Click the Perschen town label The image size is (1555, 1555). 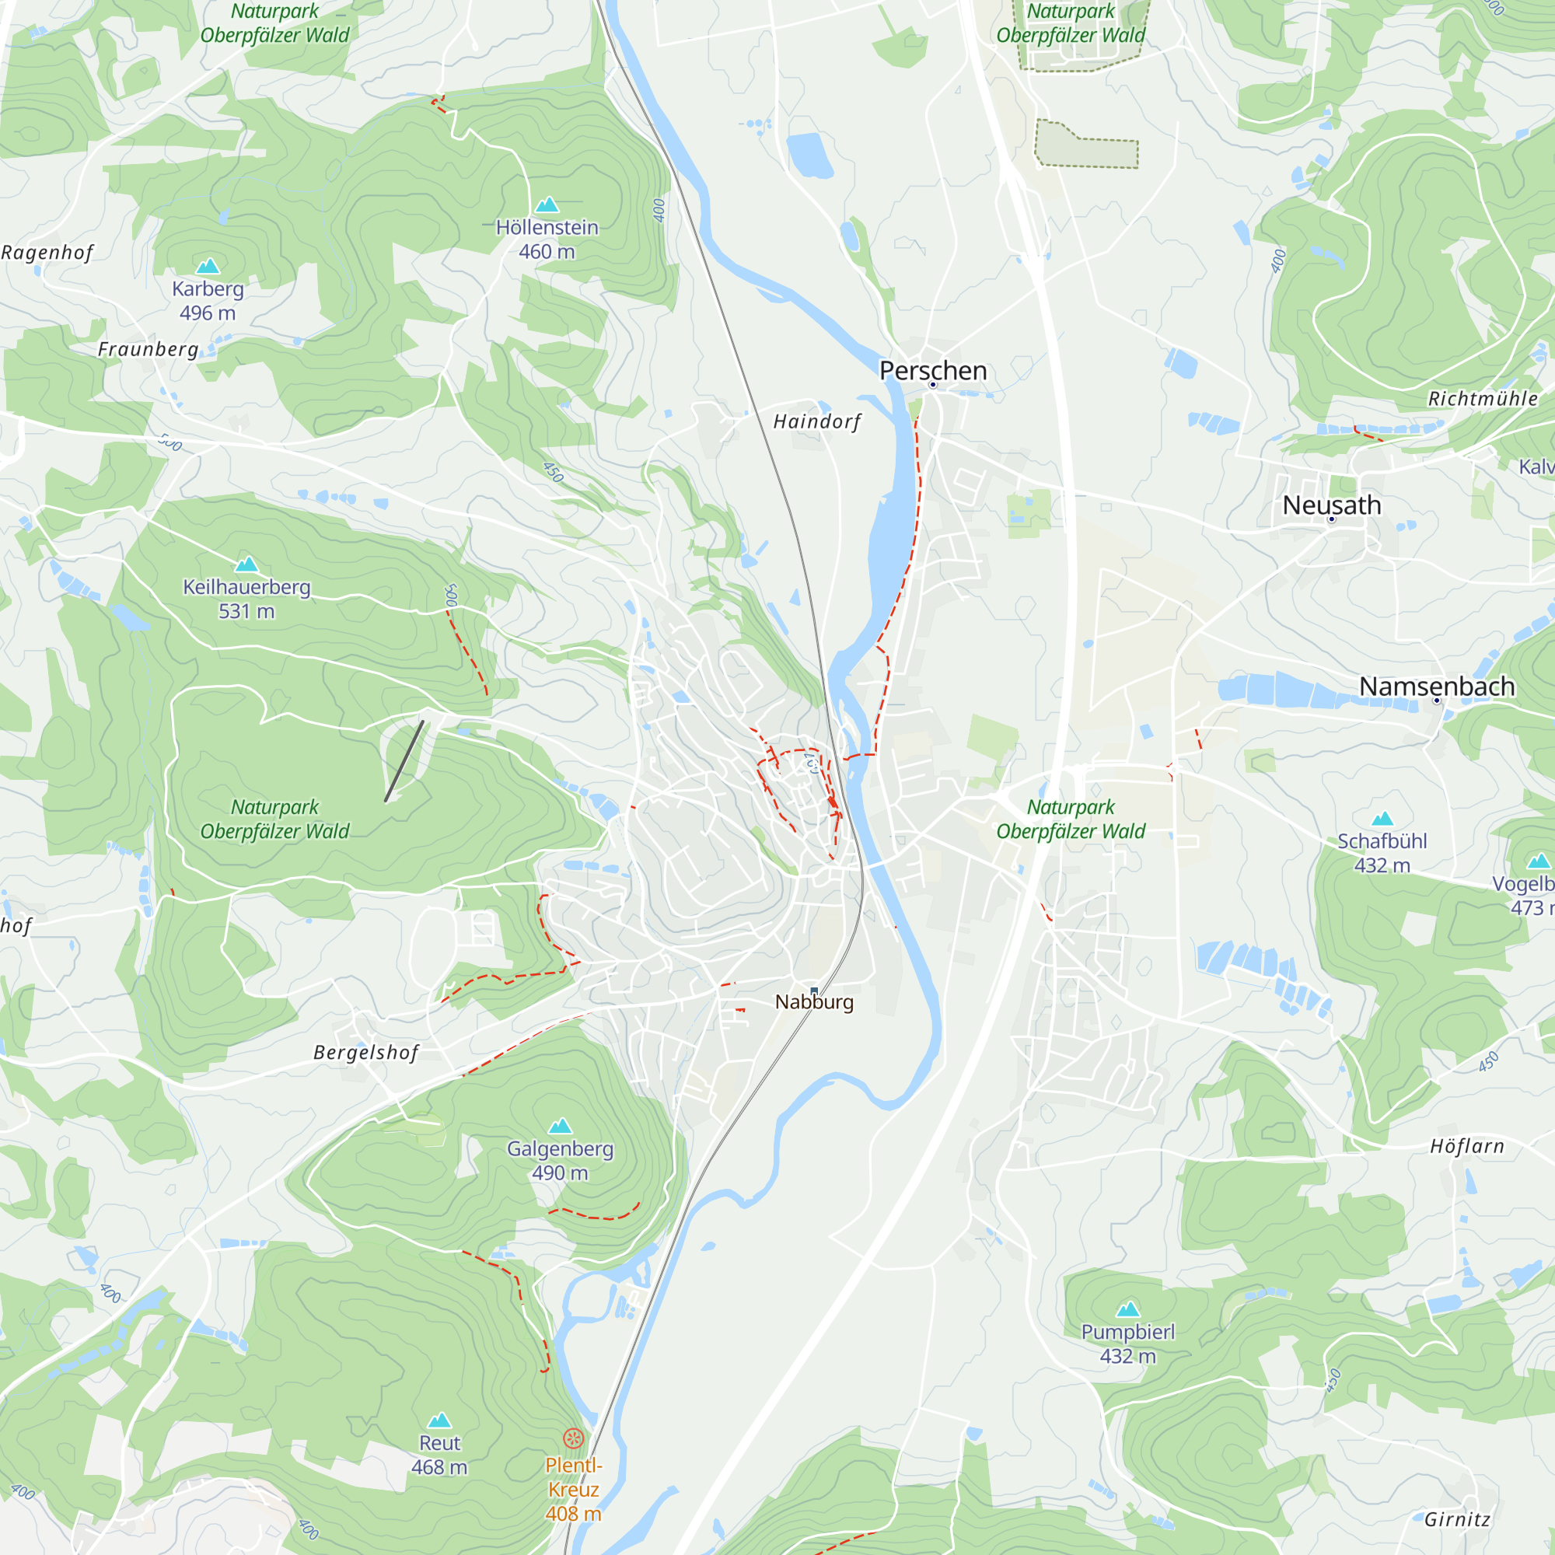(933, 370)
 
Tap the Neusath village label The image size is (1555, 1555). (1331, 505)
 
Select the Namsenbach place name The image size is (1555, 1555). (1437, 686)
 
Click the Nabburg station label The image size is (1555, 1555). (814, 1002)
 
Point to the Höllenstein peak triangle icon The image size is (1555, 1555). (547, 204)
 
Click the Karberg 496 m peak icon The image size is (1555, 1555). (208, 266)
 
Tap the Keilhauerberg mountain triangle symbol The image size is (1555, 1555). (246, 564)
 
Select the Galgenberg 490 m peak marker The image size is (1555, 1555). (559, 1125)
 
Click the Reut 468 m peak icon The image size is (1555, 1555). (439, 1420)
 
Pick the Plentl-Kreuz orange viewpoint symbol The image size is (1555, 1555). (573, 1438)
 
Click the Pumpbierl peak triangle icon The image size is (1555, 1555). (1127, 1309)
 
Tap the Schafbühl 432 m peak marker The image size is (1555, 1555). (1382, 819)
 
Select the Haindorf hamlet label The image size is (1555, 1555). (816, 421)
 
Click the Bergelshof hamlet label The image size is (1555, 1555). (365, 1053)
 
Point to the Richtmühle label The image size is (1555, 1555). (1483, 398)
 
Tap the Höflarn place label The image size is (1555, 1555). (1466, 1146)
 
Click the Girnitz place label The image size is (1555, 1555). (1457, 1519)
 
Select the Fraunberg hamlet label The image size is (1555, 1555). (148, 349)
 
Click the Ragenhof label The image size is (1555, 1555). (47, 253)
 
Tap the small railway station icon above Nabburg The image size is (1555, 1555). (814, 991)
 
